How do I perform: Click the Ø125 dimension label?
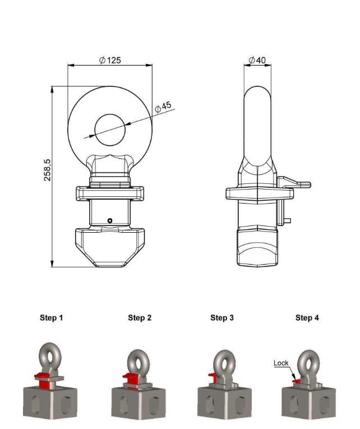[110, 60]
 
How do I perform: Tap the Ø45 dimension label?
[163, 107]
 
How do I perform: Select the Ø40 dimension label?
[257, 60]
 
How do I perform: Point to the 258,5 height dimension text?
[47, 170]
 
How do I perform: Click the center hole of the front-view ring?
[110, 130]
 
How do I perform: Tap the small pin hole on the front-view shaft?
[110, 220]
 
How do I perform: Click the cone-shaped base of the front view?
[110, 248]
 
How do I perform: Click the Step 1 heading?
[52, 317]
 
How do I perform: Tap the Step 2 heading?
[140, 317]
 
